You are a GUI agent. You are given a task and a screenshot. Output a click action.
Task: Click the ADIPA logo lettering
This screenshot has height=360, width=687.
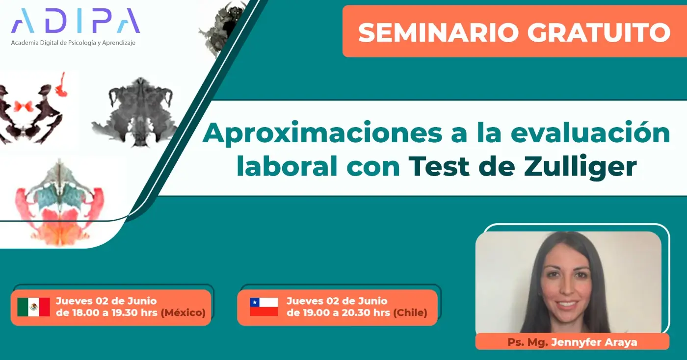[x=75, y=21]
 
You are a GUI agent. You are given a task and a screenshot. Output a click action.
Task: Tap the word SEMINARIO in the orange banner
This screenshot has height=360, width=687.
[x=439, y=32]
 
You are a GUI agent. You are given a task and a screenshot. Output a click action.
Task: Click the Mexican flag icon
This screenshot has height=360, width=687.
[x=33, y=307]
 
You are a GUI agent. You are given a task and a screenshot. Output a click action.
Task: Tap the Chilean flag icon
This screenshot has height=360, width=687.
[x=264, y=307]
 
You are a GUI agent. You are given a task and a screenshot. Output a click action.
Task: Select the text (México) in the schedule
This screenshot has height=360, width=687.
[x=183, y=312]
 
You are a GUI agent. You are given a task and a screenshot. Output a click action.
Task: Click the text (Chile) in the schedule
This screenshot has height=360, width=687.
[x=410, y=312]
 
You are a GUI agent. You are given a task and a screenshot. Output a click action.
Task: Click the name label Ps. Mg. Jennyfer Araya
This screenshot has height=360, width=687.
[x=572, y=342]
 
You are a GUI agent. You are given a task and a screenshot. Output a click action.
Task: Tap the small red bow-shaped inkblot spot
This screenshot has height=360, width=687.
[x=24, y=106]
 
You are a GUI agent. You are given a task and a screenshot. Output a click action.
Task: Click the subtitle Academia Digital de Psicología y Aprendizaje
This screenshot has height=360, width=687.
[x=73, y=43]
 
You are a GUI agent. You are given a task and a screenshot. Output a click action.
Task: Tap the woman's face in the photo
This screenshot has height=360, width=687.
[x=567, y=284]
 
